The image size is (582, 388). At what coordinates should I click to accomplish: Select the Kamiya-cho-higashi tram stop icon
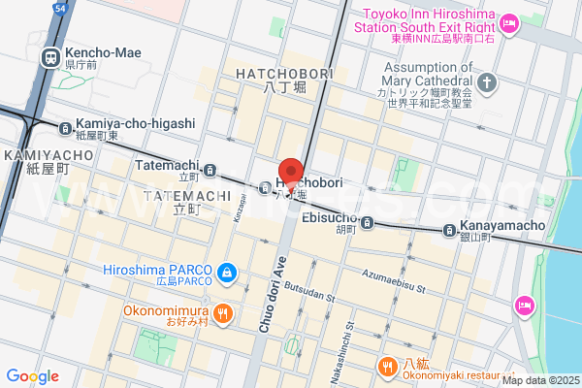pos(65,127)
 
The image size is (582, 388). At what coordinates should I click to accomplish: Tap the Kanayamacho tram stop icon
pos(450,230)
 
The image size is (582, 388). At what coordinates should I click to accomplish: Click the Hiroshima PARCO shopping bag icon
pos(226,275)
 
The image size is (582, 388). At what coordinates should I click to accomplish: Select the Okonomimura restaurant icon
pos(223,313)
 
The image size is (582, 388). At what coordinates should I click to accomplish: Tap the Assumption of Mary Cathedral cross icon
pos(486,82)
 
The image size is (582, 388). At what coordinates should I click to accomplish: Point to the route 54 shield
pos(60,8)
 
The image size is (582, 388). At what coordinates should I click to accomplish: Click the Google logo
pos(32,376)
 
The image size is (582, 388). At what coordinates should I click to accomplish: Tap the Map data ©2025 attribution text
pos(539,379)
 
